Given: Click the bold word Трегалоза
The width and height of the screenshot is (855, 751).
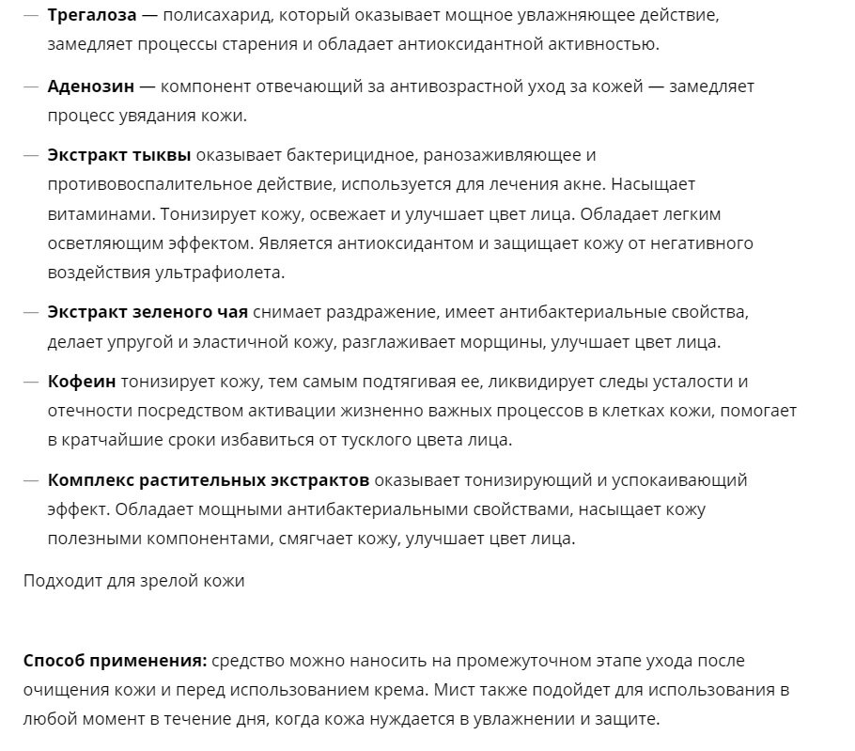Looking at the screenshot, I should coord(92,16).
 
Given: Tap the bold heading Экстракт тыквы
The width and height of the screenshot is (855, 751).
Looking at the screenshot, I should coord(119,155).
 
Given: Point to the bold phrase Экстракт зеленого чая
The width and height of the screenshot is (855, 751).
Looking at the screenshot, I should coord(148,312).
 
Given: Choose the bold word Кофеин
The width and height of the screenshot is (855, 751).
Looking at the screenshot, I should coord(82,382).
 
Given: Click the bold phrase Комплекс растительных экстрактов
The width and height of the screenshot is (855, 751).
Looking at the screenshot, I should coord(209,480).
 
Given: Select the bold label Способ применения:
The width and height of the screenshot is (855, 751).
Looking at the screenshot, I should coord(115,661).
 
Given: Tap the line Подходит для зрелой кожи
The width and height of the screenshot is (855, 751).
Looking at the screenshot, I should coord(134,581).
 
